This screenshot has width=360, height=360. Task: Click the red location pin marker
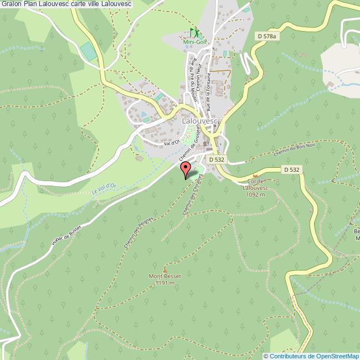185,170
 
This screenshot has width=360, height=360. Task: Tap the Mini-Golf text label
194,42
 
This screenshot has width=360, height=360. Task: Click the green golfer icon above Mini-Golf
194,33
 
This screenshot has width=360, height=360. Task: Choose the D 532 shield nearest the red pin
217,158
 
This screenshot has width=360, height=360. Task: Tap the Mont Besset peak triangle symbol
164,270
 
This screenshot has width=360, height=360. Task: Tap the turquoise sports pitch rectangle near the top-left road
87,52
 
